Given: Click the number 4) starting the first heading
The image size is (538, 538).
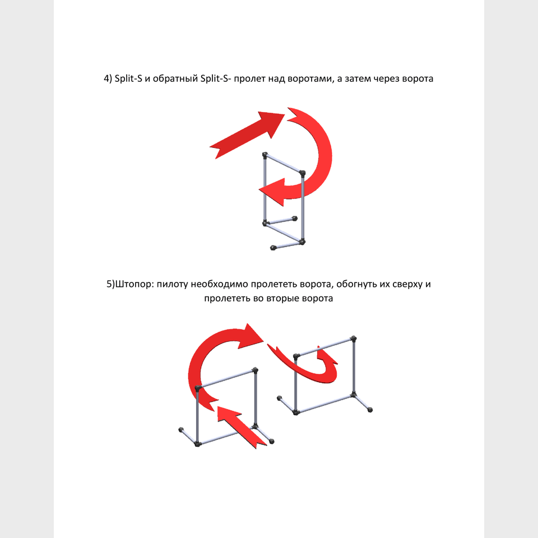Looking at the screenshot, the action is pyautogui.click(x=108, y=79).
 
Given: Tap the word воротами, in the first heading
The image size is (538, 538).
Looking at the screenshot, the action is pyautogui.click(x=311, y=79).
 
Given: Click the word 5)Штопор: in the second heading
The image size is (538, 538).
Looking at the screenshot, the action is pyautogui.click(x=130, y=285).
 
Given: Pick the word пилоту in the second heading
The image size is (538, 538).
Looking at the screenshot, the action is pyautogui.click(x=172, y=285).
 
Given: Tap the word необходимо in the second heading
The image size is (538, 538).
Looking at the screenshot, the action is pyautogui.click(x=219, y=285).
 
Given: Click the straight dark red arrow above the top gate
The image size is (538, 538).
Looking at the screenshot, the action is pyautogui.click(x=247, y=135).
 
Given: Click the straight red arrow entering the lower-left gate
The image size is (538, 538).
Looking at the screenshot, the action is pyautogui.click(x=242, y=427).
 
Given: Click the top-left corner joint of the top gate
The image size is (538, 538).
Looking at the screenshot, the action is pyautogui.click(x=265, y=155).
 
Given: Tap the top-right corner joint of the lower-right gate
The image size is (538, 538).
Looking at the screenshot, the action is pyautogui.click(x=354, y=339).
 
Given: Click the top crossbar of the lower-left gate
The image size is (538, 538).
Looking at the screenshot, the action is pyautogui.click(x=226, y=379).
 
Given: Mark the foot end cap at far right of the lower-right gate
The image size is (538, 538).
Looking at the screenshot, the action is pyautogui.click(x=370, y=410).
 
